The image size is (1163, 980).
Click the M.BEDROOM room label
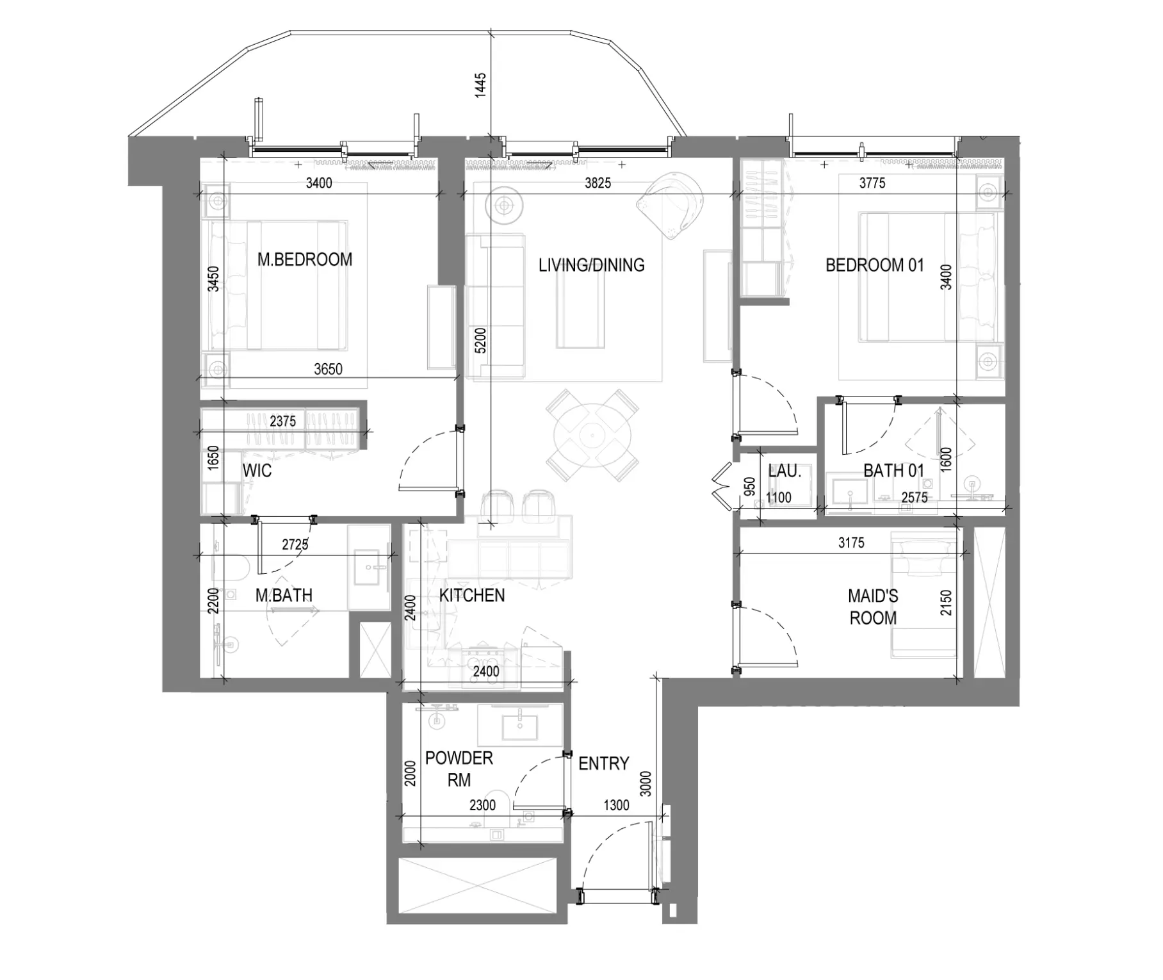(x=305, y=259)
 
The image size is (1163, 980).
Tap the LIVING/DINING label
(x=591, y=265)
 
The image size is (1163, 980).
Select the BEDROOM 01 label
(x=875, y=265)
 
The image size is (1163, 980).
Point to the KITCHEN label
(x=472, y=596)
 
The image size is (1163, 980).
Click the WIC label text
(x=257, y=471)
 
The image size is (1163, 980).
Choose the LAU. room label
(x=785, y=471)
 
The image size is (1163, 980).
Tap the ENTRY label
(x=603, y=764)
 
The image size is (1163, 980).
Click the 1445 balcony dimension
(x=480, y=85)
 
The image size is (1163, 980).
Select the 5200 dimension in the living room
(x=480, y=341)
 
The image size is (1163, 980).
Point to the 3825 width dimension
(x=598, y=183)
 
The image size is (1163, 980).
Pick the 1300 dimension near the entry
(x=616, y=806)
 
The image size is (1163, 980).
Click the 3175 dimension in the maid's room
(x=851, y=543)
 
